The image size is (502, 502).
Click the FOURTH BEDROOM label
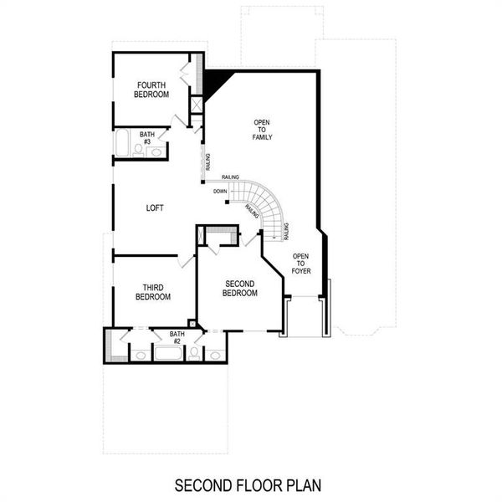pos(151,90)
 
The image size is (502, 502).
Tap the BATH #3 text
pos(147,137)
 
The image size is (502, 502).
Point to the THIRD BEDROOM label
pos(153,292)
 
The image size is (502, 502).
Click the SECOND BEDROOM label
pos(239,289)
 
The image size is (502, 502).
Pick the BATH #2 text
pos(177,337)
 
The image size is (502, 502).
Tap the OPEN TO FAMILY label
pos(263,130)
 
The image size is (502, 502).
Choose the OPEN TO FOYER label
pos(301,263)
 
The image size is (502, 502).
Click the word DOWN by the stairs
pos(220,192)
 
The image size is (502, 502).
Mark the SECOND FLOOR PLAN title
pos(248,484)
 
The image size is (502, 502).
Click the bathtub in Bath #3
pos(122,143)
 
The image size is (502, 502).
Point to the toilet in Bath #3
pos(139,151)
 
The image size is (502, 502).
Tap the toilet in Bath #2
pos(194,353)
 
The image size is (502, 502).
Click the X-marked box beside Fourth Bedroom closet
pos(197,105)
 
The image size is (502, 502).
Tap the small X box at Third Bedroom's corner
pos(192,324)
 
